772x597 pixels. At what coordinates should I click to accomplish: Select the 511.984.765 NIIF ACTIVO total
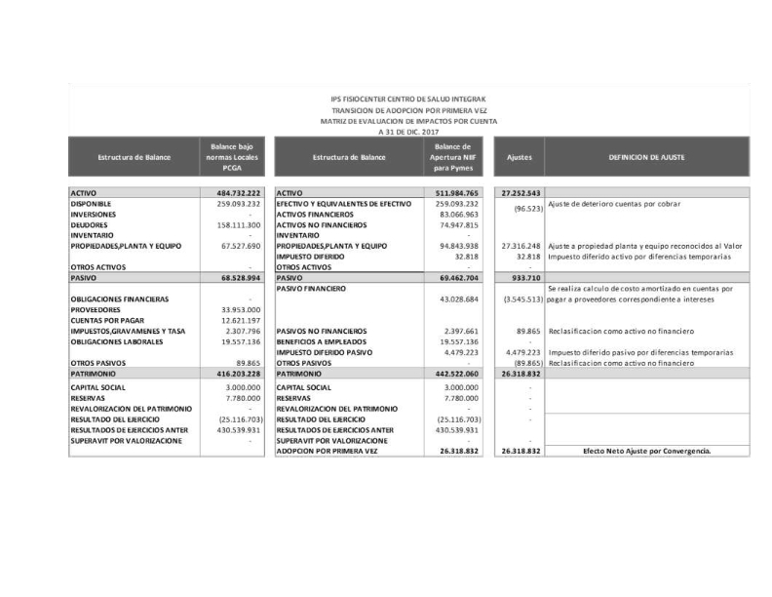coord(458,194)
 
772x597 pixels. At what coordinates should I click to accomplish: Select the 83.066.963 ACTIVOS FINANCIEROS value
coord(460,214)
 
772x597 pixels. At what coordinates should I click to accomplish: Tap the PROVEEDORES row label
coord(99,309)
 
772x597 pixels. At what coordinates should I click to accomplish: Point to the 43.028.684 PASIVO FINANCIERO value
coord(460,298)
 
